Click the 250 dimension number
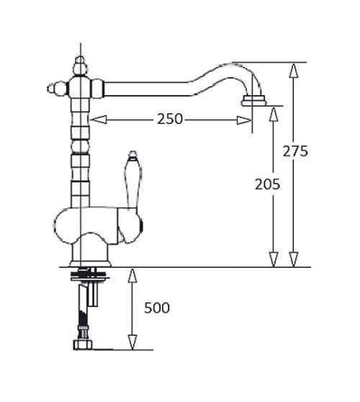[170, 119]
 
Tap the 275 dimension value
[295, 151]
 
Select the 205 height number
[267, 184]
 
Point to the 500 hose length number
[157, 308]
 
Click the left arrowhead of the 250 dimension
[99, 120]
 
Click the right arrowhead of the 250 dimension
[244, 120]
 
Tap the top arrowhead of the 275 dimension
[294, 71]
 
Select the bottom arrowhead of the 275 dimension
[294, 259]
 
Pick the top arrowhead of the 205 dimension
[274, 114]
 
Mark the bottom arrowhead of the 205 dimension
[274, 259]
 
